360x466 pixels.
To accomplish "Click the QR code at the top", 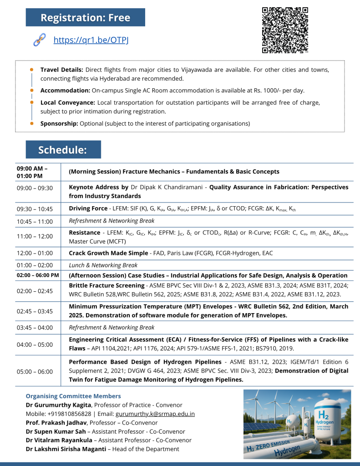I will tap(285, 30).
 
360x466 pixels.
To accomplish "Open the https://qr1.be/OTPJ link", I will tap(91, 40).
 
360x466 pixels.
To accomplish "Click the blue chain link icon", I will tap(39, 40).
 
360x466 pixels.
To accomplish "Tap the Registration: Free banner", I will tap(85, 18).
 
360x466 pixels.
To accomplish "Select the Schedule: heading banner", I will tap(63, 150).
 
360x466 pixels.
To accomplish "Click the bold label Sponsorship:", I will tap(59, 123).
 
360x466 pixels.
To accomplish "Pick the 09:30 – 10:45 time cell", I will tap(34, 209).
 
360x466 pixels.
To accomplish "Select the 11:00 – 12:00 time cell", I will tap(34, 236).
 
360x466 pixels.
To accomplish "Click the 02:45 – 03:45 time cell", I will tap(34, 311).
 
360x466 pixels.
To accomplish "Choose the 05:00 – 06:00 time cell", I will tap(34, 371).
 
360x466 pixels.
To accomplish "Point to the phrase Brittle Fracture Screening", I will tap(106, 285).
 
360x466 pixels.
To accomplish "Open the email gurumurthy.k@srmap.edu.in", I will tap(155, 414).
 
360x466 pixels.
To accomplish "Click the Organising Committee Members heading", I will tap(73, 396).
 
